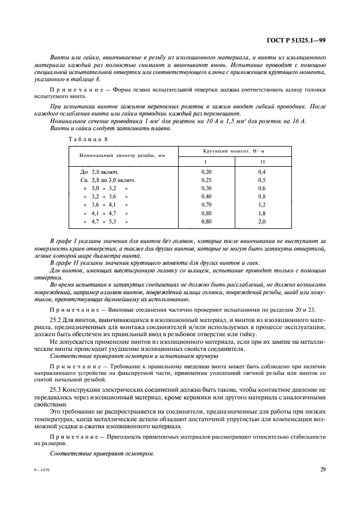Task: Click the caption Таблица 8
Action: [88, 139]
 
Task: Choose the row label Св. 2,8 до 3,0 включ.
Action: [108, 180]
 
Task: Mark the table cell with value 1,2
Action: [261, 205]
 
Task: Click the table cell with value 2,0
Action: [261, 222]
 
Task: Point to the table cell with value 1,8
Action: [261, 214]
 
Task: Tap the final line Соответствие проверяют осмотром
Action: [102, 453]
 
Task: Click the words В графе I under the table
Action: [64, 240]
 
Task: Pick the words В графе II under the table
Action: [65, 263]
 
